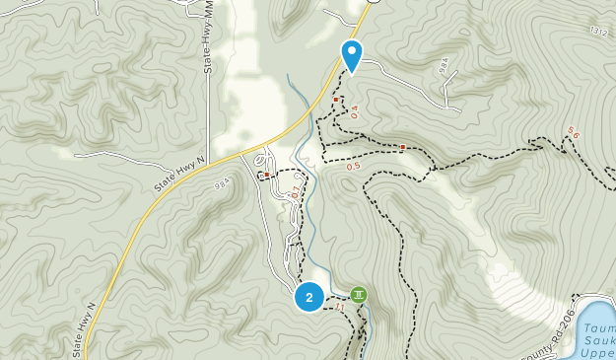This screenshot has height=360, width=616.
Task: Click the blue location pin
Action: click(x=351, y=53)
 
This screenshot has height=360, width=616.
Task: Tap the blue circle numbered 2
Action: click(x=309, y=297)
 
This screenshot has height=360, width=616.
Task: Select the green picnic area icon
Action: click(x=360, y=294)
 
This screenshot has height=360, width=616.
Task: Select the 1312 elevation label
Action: click(x=598, y=33)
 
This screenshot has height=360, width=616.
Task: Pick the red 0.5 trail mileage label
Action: click(x=353, y=167)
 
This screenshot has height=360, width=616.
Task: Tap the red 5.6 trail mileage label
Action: click(x=574, y=132)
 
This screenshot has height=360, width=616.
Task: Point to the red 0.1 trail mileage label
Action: click(x=294, y=192)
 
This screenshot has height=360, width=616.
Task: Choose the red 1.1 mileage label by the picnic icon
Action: click(x=341, y=309)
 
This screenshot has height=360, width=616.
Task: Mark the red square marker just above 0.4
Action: click(x=336, y=100)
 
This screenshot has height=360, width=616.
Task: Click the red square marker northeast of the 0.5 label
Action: click(x=403, y=148)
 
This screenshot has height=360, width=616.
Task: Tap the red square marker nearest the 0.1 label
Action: click(x=266, y=176)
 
